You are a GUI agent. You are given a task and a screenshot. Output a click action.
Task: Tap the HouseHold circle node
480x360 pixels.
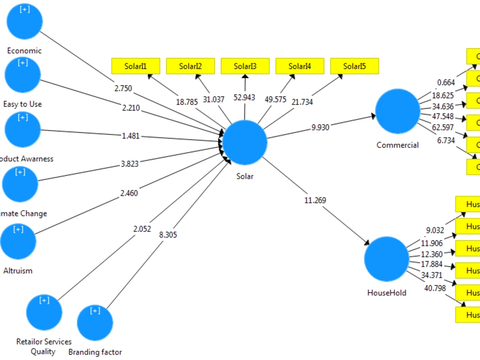click(386, 259)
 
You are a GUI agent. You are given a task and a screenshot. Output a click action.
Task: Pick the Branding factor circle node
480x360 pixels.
click(95, 323)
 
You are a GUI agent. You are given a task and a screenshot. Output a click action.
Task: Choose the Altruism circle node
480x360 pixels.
click(18, 240)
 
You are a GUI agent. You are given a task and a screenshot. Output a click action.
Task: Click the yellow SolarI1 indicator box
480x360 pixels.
click(135, 66)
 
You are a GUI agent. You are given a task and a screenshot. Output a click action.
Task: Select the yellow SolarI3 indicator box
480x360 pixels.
click(245, 66)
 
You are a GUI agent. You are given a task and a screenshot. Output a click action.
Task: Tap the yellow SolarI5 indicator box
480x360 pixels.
click(354, 66)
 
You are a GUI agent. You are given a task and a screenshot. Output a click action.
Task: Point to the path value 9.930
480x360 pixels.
click(321, 127)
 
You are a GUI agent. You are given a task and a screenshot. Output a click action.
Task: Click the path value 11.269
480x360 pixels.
click(315, 200)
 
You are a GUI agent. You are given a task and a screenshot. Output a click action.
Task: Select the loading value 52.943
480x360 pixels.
click(244, 97)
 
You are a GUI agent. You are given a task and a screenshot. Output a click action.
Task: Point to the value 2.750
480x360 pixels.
click(123, 88)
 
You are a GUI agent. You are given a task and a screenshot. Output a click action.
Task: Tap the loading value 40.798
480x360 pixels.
click(435, 288)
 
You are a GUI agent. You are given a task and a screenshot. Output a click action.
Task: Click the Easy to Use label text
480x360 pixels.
click(23, 104)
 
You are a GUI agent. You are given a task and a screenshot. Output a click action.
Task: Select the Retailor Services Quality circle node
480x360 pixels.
click(44, 312)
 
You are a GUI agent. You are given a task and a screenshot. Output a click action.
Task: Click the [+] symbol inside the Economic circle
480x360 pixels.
click(24, 10)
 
